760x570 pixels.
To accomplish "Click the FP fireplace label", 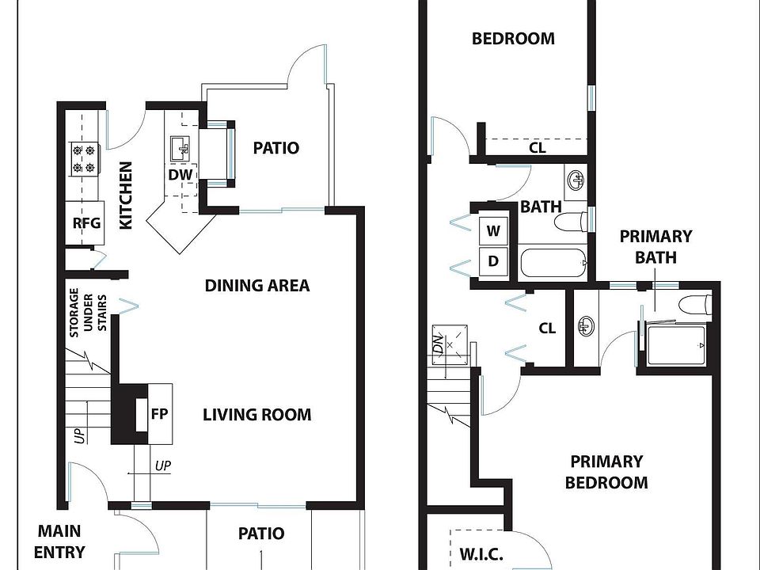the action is [x=159, y=414].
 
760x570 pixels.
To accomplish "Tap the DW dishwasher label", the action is [x=180, y=174].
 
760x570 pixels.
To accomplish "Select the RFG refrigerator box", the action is [x=85, y=223].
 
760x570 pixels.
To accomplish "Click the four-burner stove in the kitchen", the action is [x=84, y=159].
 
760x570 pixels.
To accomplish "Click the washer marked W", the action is [x=493, y=230].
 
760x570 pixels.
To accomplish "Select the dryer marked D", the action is [x=493, y=261].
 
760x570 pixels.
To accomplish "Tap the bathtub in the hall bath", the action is [x=553, y=263].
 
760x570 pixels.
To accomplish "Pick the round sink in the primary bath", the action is [x=586, y=325].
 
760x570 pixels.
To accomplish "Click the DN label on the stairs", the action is [x=438, y=344].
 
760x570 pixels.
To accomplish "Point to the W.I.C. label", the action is [x=481, y=554].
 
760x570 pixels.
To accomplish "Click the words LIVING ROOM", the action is [x=256, y=415].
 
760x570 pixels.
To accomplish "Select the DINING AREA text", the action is [x=257, y=286].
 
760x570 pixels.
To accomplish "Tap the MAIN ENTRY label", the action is [x=59, y=541].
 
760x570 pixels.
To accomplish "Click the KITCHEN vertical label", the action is [x=126, y=196].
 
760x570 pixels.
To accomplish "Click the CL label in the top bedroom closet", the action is [x=537, y=147].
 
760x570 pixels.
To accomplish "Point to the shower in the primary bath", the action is [x=675, y=346].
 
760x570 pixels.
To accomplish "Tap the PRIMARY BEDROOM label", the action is [x=606, y=472].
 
